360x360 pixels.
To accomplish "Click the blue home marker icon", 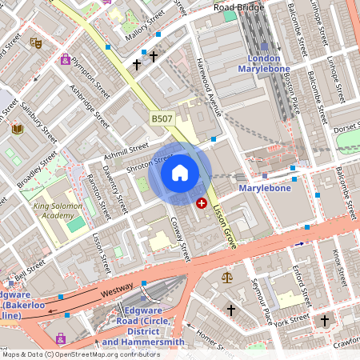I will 180,173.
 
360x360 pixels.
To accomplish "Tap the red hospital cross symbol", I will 202,204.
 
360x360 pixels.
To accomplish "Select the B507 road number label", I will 162,118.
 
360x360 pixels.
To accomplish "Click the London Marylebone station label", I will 264,64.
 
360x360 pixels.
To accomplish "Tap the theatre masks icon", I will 35,42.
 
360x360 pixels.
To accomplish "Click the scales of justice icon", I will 227,277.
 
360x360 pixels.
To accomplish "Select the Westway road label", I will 94,293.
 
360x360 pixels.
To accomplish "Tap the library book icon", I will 18,128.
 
